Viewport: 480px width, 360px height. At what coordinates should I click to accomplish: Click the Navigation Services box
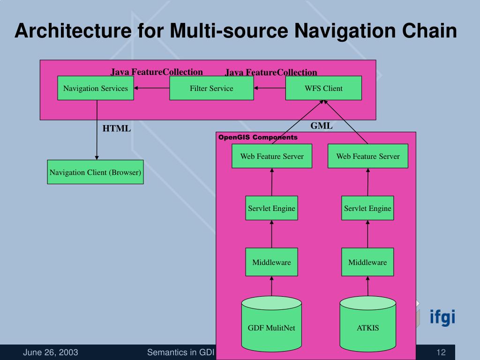pos(96,88)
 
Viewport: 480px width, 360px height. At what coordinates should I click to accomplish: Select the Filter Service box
pos(211,88)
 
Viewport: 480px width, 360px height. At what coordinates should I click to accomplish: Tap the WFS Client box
pos(323,88)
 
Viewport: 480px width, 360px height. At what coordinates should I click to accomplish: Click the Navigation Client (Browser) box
pos(96,172)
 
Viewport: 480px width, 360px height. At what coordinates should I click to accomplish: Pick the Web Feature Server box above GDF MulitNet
pos(272,156)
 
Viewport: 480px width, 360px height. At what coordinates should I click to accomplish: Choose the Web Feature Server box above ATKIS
pos(368,156)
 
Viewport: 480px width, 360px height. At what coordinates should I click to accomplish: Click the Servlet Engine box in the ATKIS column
pos(367,208)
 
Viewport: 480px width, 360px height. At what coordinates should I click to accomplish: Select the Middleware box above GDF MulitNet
pos(271,262)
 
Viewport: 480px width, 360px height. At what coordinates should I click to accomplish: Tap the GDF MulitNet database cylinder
pos(271,323)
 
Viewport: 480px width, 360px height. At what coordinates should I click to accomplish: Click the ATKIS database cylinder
pos(367,323)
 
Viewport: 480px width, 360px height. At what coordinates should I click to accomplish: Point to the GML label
pos(322,126)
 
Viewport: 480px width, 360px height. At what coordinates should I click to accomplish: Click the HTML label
pos(117,128)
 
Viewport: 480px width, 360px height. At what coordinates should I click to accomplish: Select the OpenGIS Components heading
pos(258,137)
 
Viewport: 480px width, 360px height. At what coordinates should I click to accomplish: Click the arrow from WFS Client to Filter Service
pos(270,88)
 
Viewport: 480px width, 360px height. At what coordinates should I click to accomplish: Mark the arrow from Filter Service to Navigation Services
pos(152,88)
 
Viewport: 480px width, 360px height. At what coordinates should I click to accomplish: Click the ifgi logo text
pos(442,317)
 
